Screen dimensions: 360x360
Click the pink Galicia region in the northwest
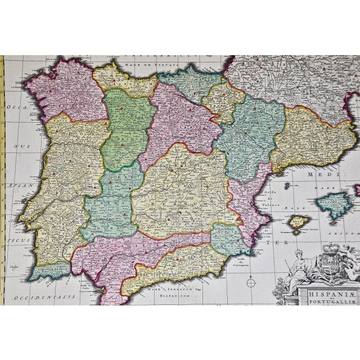click(65, 90)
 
